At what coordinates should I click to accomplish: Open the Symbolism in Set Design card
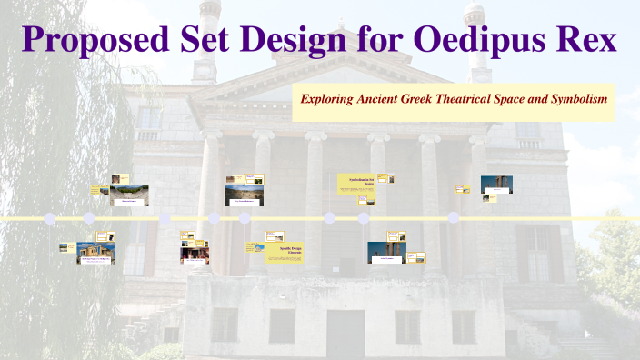point(356,184)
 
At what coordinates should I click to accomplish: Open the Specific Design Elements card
point(283,250)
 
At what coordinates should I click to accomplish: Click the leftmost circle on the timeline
point(49,219)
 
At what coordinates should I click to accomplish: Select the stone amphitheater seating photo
point(129,195)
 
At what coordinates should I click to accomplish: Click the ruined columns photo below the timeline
point(386,252)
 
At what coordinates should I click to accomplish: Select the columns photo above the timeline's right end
point(496,185)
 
